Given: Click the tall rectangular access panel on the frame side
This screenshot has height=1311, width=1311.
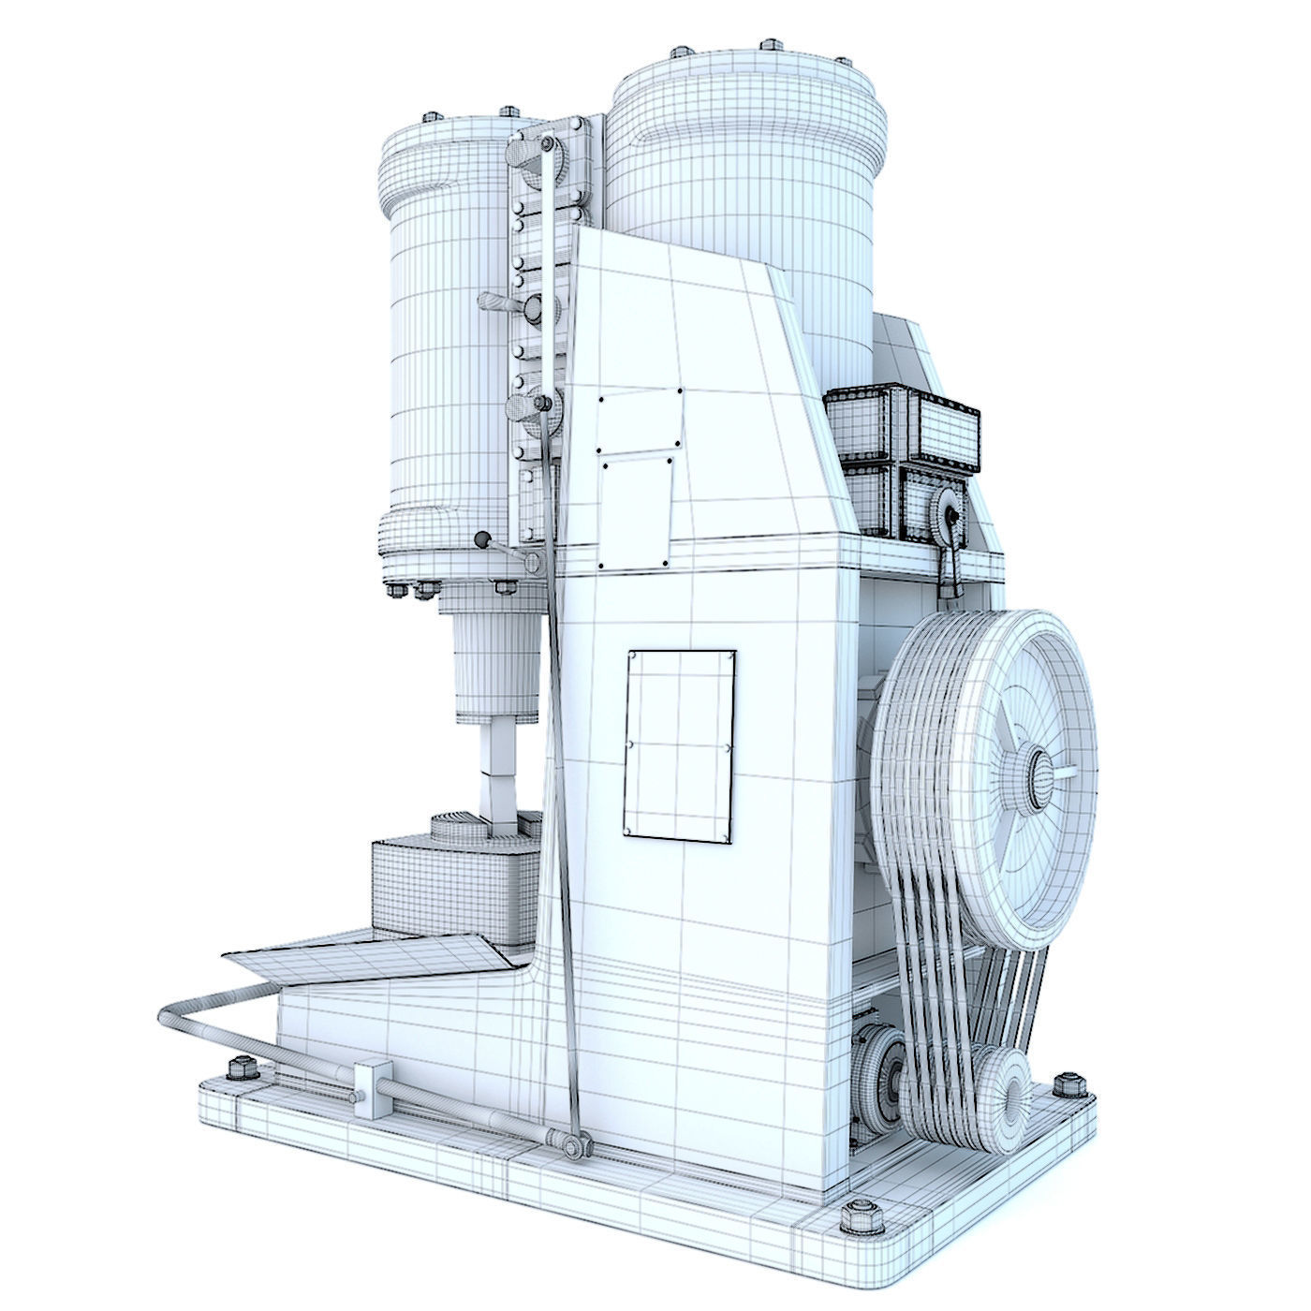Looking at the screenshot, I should [x=680, y=744].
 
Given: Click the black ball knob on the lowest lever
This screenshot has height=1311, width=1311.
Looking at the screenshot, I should [x=482, y=540].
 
